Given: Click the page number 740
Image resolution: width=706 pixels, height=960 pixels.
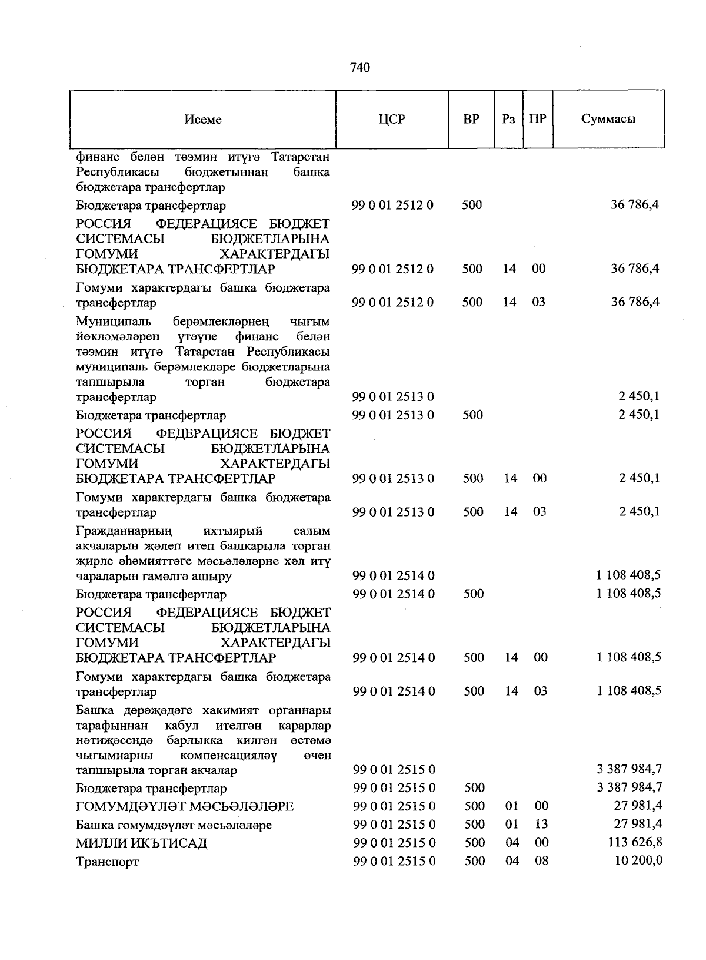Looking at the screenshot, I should click(359, 68).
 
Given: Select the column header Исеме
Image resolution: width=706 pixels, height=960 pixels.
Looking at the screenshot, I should click(203, 120).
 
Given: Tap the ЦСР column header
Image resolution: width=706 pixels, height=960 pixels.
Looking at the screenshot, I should click(392, 119).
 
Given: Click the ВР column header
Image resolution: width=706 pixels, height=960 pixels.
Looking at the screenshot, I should click(471, 119).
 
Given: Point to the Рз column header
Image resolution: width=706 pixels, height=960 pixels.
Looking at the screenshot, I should click(509, 119).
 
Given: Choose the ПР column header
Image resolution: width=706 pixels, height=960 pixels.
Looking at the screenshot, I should click(538, 119).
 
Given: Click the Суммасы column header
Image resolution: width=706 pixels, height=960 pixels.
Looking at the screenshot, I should click(608, 119).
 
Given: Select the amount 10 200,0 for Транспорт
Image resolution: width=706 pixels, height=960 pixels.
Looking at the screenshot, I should click(638, 860).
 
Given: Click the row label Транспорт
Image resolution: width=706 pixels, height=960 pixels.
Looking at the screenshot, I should click(108, 862).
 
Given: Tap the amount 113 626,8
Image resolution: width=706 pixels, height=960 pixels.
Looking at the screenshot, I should click(635, 842).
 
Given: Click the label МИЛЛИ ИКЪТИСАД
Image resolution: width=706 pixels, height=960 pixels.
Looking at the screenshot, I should click(142, 843).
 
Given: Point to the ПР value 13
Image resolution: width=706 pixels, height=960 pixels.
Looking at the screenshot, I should click(541, 824).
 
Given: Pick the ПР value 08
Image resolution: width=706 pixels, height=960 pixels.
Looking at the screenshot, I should click(541, 860).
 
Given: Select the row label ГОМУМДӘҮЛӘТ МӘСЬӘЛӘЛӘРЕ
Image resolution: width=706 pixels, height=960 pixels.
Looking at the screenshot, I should click(185, 806).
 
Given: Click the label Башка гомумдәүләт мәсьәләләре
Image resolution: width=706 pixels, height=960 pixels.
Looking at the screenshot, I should click(174, 825).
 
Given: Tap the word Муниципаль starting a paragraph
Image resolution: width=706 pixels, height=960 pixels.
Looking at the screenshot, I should click(114, 322).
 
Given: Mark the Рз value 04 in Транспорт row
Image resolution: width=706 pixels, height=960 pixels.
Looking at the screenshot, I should click(512, 860).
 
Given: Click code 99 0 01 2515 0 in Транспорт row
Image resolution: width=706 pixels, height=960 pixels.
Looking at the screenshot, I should click(394, 860).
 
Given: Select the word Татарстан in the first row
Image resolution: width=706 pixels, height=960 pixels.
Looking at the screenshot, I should click(300, 157).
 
